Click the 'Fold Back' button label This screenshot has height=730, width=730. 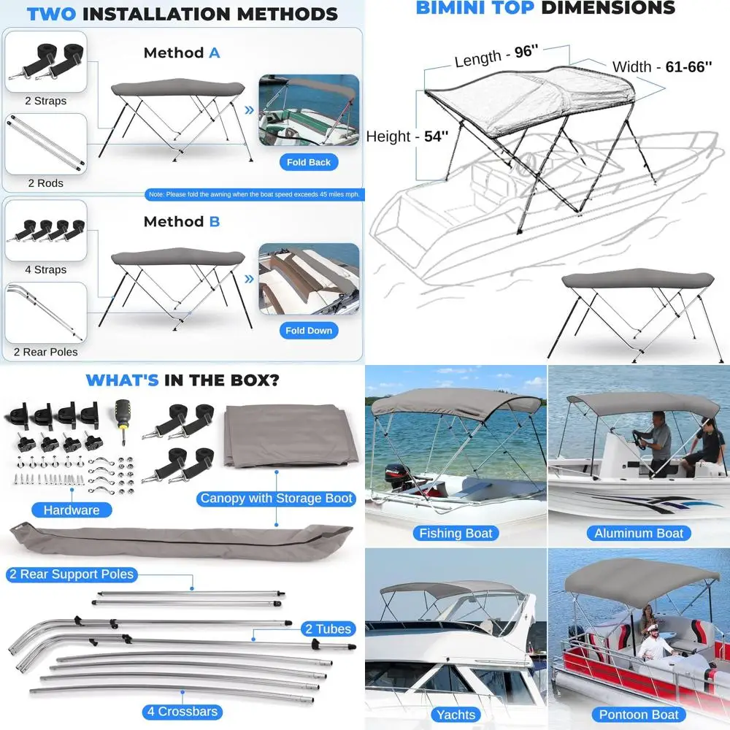[309, 162]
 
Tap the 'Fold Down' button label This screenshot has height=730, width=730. [309, 331]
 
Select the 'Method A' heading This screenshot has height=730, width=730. [182, 53]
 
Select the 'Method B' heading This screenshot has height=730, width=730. [182, 221]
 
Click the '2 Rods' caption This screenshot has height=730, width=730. [45, 183]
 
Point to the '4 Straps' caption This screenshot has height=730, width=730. [45, 269]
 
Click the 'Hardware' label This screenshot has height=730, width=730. [71, 510]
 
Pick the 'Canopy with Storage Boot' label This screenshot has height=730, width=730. [276, 499]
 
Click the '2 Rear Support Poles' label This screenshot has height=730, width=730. [72, 575]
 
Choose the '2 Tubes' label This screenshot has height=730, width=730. [328, 629]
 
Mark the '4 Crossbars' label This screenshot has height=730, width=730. [182, 712]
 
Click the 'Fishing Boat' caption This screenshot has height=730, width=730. [456, 533]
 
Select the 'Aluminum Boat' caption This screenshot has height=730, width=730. [639, 533]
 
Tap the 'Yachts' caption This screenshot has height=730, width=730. [456, 715]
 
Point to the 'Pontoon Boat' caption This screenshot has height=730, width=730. [639, 715]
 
